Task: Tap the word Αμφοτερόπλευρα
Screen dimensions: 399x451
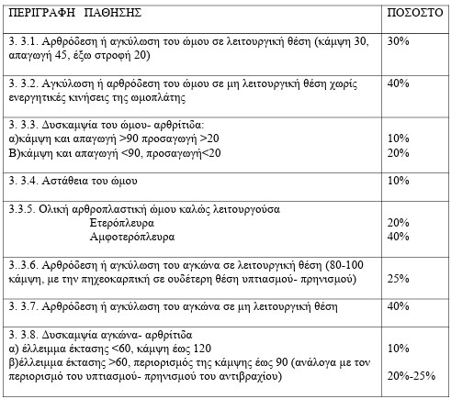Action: [130, 236]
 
